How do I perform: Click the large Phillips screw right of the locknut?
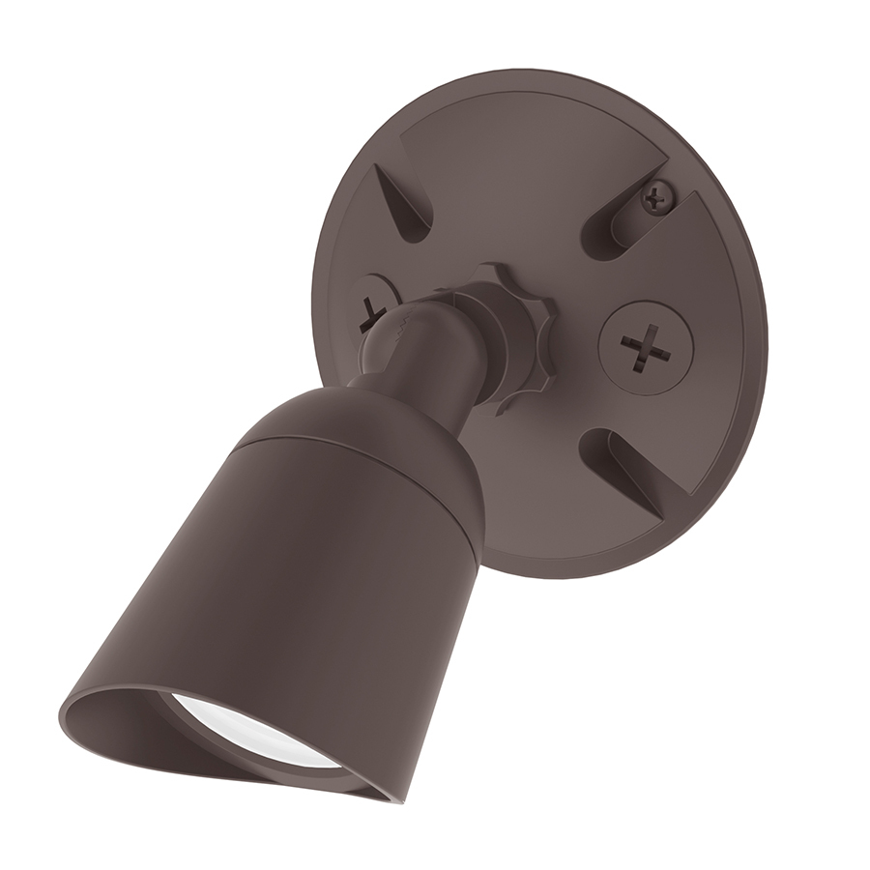642,345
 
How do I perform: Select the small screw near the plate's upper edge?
656,199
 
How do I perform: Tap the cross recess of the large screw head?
642,346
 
